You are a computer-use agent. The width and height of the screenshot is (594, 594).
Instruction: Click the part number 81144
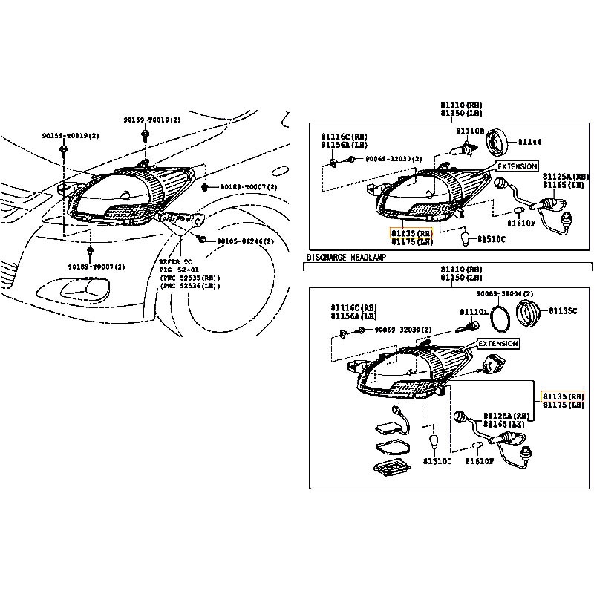pos(529,141)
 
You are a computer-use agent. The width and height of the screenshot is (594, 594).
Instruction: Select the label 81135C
pos(563,310)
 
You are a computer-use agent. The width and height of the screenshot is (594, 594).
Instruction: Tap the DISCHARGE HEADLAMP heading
pos(346,257)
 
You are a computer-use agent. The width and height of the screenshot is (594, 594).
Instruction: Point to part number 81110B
pos(470,131)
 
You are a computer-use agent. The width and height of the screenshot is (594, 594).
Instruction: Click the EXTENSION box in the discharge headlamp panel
pos(497,345)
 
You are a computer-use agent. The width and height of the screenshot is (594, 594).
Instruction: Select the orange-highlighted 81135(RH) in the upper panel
pos(411,232)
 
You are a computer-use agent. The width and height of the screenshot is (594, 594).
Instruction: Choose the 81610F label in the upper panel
pos(521,222)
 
